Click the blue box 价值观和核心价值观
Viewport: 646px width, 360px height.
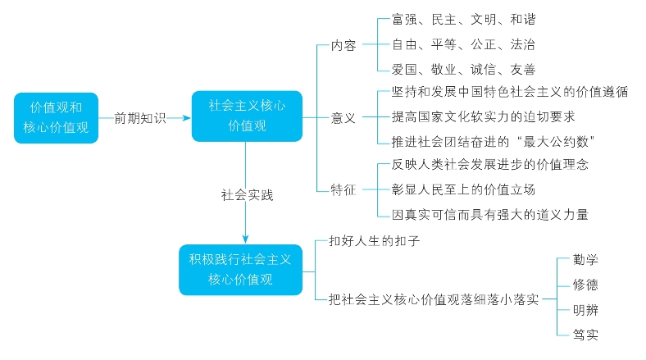coord(56,118)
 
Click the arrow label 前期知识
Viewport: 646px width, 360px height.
coord(140,118)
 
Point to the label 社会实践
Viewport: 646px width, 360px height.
coord(246,195)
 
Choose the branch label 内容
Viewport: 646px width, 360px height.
coord(343,46)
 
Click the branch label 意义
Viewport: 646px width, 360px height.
coord(343,118)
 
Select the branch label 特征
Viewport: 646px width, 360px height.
coord(343,190)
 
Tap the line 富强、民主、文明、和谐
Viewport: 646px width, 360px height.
coord(464,19)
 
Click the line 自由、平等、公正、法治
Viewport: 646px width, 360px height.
coord(464,44)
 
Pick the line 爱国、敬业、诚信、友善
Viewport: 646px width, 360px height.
coord(464,70)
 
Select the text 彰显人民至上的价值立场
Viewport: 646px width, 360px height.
coord(464,189)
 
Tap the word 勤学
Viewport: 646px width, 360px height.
coord(585,260)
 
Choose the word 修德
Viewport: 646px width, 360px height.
coord(585,285)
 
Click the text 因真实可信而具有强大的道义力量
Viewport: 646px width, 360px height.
coord(490,215)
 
